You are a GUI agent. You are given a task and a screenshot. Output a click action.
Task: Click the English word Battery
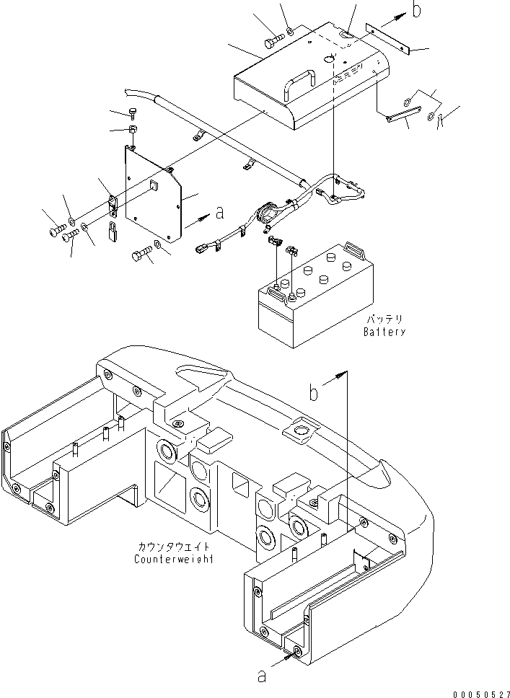tap(384, 332)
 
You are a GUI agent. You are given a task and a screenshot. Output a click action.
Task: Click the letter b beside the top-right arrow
tap(416, 9)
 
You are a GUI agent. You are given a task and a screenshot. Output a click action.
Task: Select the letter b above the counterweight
tap(315, 393)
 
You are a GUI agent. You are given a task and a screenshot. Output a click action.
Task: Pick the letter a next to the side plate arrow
tap(220, 213)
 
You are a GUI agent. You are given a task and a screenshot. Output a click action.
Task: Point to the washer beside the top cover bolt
tap(289, 31)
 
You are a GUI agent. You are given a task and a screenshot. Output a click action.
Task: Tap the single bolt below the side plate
tap(141, 257)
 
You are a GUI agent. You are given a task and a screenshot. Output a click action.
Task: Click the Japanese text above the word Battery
tap(384, 319)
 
